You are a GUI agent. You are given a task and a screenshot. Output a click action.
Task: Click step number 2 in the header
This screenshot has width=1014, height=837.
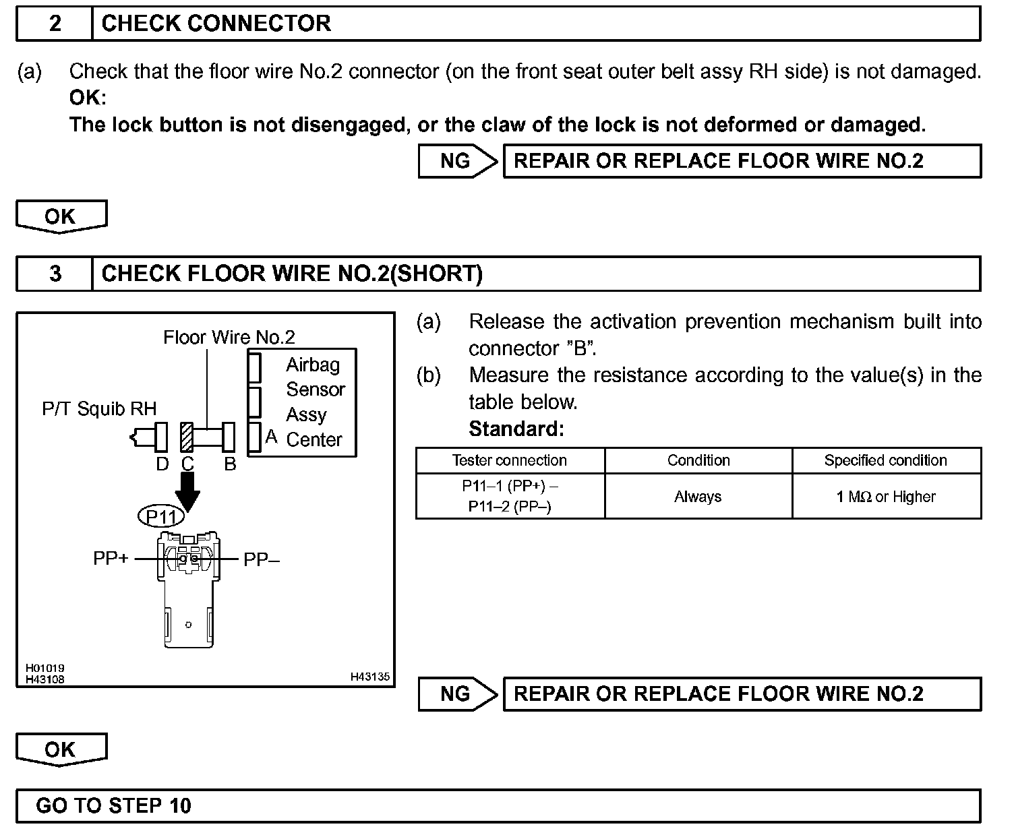click(55, 24)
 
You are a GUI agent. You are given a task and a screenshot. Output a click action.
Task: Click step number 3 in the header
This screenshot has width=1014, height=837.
click(55, 274)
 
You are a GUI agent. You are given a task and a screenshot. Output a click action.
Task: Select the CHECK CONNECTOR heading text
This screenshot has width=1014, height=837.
click(216, 24)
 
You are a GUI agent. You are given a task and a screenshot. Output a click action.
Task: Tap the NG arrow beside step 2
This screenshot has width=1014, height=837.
click(457, 161)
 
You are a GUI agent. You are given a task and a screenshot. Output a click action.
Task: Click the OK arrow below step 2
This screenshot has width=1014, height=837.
click(61, 217)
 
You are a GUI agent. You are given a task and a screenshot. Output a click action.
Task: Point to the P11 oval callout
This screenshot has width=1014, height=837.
click(161, 517)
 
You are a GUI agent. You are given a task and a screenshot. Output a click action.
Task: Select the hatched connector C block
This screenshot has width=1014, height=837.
click(187, 437)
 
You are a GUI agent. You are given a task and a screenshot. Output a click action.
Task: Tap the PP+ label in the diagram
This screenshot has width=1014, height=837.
click(111, 559)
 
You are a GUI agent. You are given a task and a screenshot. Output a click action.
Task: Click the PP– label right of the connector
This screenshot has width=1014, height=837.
click(261, 559)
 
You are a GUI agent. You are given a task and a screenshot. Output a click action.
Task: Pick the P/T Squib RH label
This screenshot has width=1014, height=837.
click(99, 408)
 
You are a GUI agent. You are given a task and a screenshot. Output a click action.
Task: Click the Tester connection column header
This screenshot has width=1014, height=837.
click(510, 460)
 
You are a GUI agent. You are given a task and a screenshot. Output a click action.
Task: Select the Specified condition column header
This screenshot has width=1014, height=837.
click(885, 460)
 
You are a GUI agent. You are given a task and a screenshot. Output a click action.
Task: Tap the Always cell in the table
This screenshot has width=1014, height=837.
click(698, 497)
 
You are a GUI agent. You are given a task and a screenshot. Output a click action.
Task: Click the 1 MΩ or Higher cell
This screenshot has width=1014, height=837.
click(885, 497)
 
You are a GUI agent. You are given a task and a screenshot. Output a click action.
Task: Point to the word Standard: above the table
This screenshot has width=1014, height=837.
click(516, 429)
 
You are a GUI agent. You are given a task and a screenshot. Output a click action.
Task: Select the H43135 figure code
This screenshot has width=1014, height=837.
click(369, 677)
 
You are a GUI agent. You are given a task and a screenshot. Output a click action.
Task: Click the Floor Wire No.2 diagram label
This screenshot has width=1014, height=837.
click(229, 337)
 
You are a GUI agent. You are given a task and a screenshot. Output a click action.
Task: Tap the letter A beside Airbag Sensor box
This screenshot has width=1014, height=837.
click(271, 437)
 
